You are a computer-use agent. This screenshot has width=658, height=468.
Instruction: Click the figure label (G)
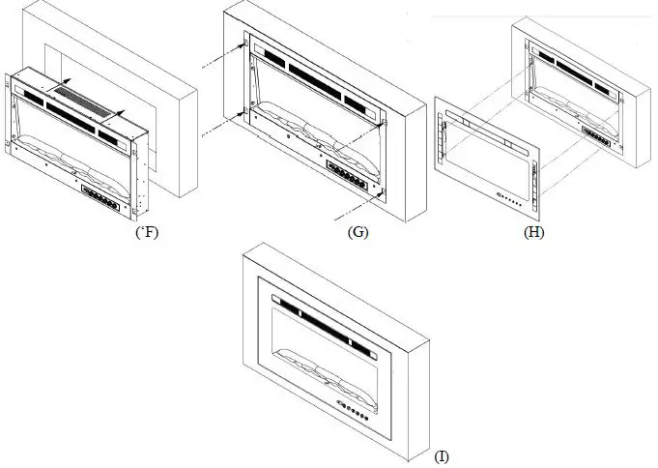pyautogui.click(x=358, y=233)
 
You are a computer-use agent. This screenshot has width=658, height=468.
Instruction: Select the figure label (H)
pyautogui.click(x=532, y=233)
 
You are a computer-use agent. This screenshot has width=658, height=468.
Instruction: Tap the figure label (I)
pyautogui.click(x=442, y=455)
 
